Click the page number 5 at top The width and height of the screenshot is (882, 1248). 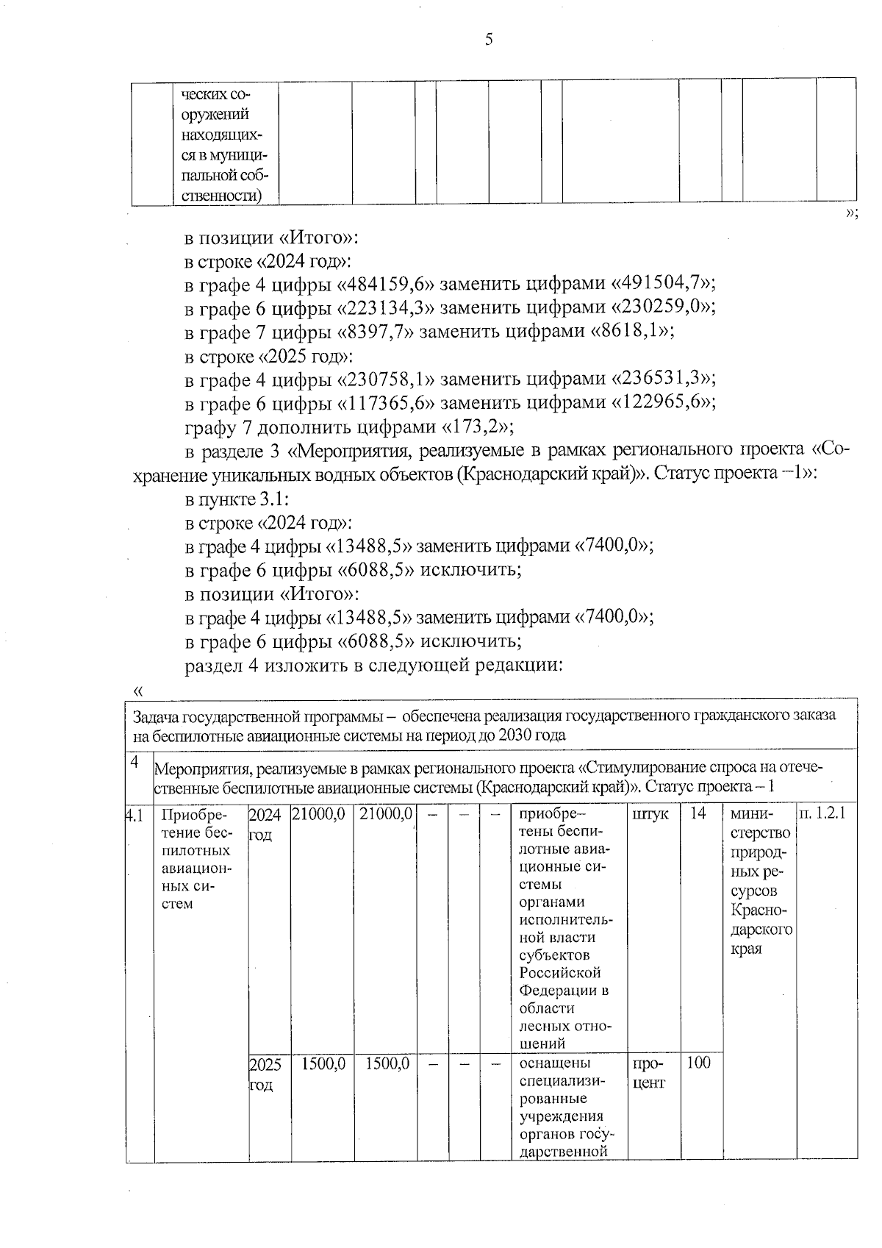(489, 40)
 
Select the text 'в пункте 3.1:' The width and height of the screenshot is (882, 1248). (237, 499)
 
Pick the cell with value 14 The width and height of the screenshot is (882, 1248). (698, 816)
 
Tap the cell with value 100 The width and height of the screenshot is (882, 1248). (698, 1063)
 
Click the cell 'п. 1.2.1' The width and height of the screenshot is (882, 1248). (826, 816)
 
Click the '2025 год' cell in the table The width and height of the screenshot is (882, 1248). (265, 1074)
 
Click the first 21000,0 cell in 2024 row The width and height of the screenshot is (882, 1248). (320, 816)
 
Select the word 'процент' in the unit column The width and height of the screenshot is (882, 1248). (648, 1074)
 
